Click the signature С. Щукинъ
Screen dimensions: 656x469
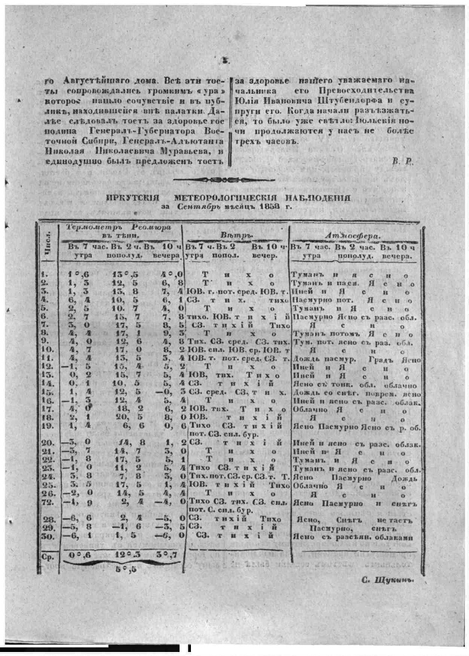point(389,580)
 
